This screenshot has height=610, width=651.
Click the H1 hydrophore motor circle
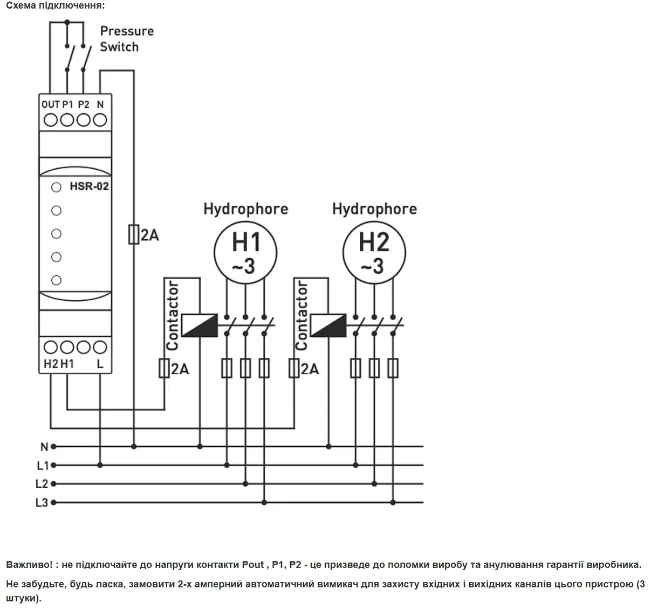[x=245, y=221]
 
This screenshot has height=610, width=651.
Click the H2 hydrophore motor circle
[x=374, y=221]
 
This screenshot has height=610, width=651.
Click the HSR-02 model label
[x=89, y=186]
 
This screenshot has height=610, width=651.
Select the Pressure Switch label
[x=127, y=39]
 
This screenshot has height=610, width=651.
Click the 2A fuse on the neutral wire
[x=134, y=234]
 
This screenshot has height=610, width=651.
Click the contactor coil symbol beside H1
[x=200, y=325]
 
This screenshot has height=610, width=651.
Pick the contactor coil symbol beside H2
[x=328, y=325]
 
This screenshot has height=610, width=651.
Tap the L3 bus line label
[x=42, y=503]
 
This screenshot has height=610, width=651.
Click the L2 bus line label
[x=42, y=484]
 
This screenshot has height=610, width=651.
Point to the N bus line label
[x=44, y=447]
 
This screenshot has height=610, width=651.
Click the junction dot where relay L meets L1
[x=100, y=465]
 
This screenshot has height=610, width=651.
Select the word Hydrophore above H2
[x=374, y=209]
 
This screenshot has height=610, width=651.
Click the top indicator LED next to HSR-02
[x=57, y=188]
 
